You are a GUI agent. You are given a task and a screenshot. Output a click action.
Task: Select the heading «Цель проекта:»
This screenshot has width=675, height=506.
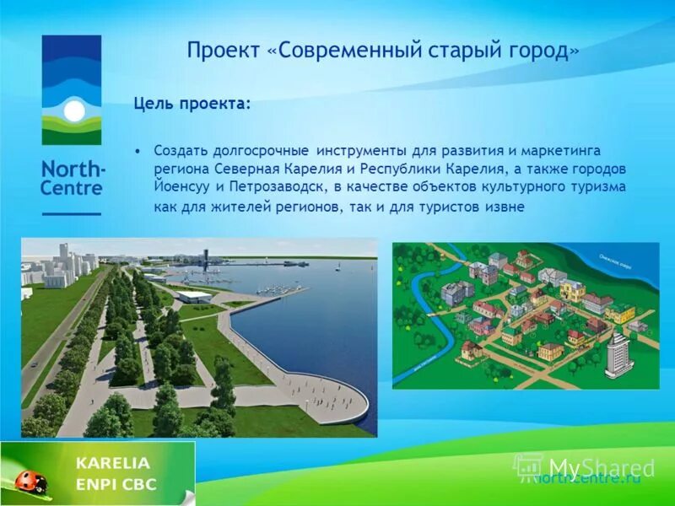192,104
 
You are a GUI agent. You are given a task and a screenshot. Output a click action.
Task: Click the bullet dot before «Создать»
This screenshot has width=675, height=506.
138,150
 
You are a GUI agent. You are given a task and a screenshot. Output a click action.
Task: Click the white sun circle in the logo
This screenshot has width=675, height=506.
73,110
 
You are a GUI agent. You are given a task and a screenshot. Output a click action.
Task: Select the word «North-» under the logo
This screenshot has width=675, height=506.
73,168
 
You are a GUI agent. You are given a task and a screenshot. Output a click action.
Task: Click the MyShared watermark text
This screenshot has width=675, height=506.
601,467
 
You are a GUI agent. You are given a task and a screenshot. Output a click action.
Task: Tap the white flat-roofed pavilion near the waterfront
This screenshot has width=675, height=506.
193,296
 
